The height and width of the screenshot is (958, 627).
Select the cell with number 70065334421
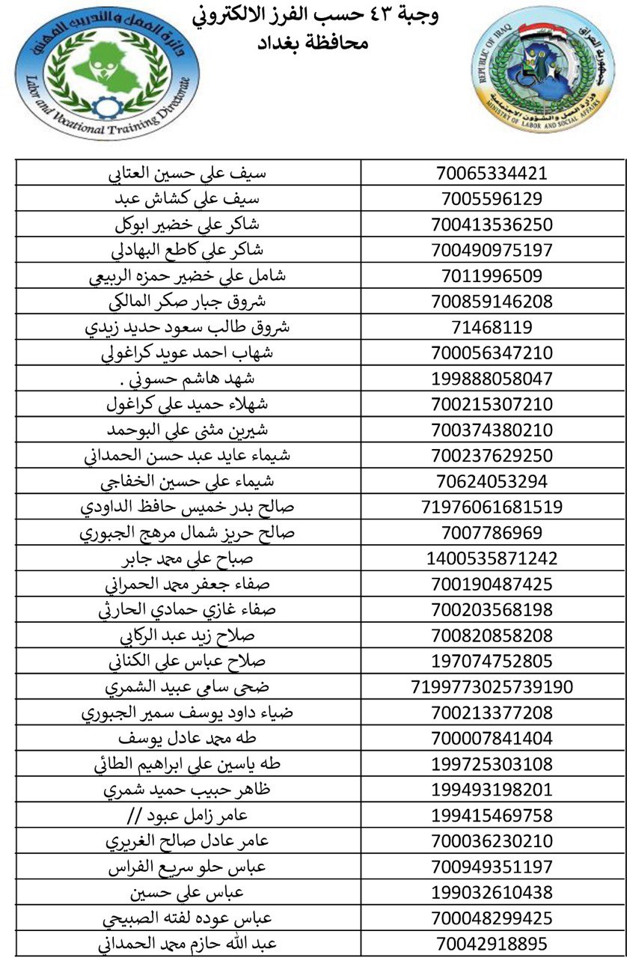tap(492, 174)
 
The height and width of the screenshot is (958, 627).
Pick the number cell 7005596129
tap(492, 199)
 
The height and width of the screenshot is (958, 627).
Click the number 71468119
tap(492, 327)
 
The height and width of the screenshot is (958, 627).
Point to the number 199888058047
tap(492, 379)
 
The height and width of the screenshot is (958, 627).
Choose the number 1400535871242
tap(492, 558)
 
